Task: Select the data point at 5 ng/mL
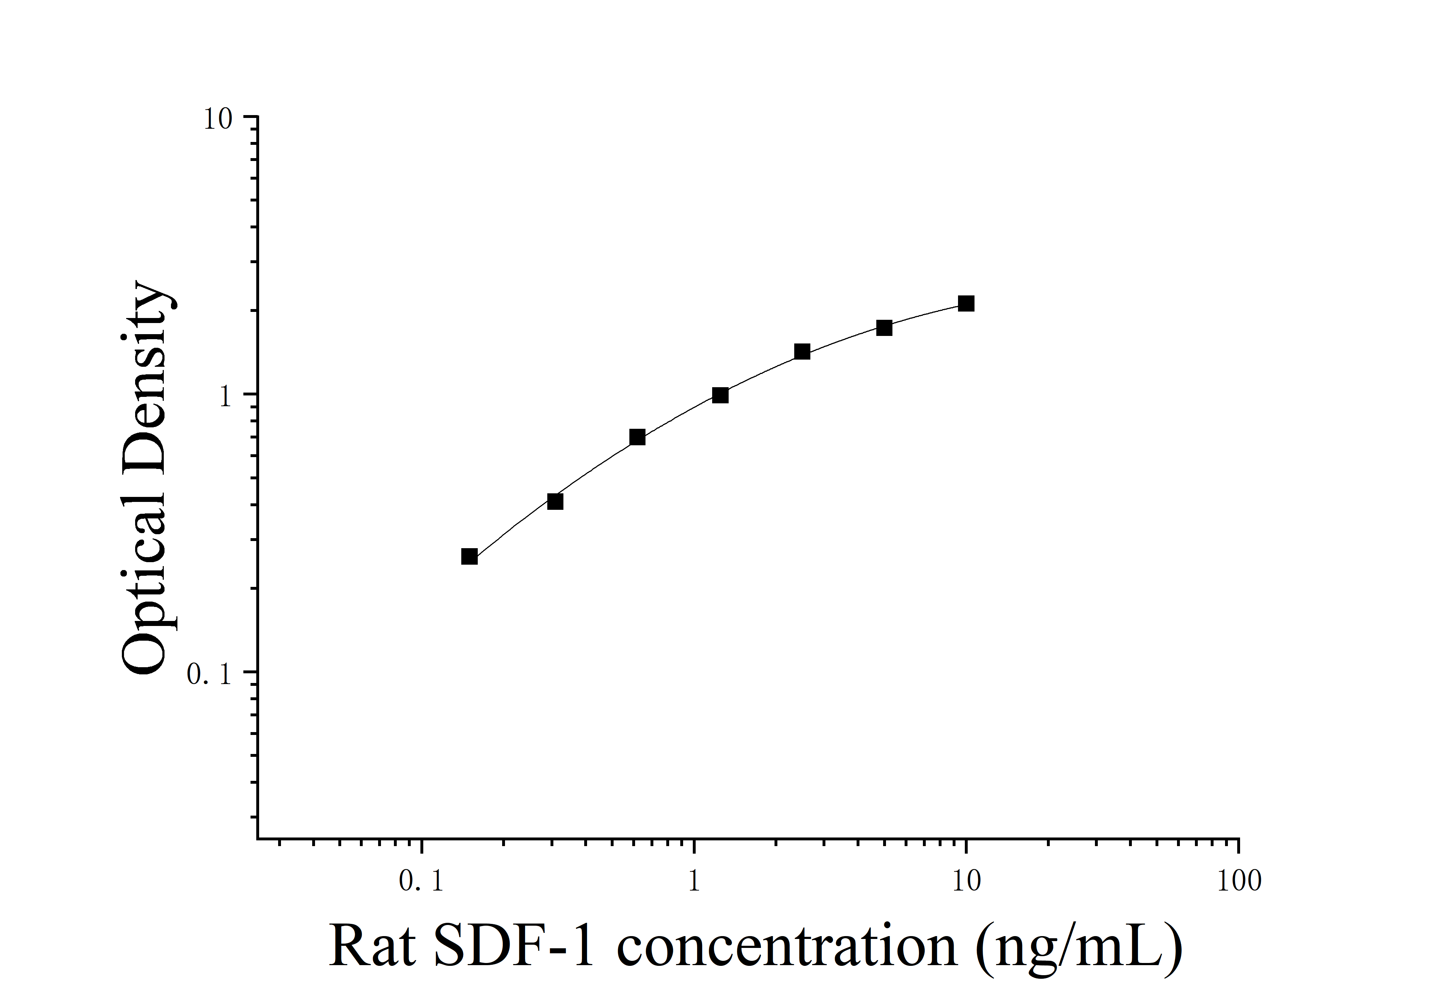884,328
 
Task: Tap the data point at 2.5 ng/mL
802,352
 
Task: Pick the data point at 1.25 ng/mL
720,395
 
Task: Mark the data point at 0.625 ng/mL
637,437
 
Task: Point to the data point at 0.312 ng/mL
555,502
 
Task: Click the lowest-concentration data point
470,556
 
